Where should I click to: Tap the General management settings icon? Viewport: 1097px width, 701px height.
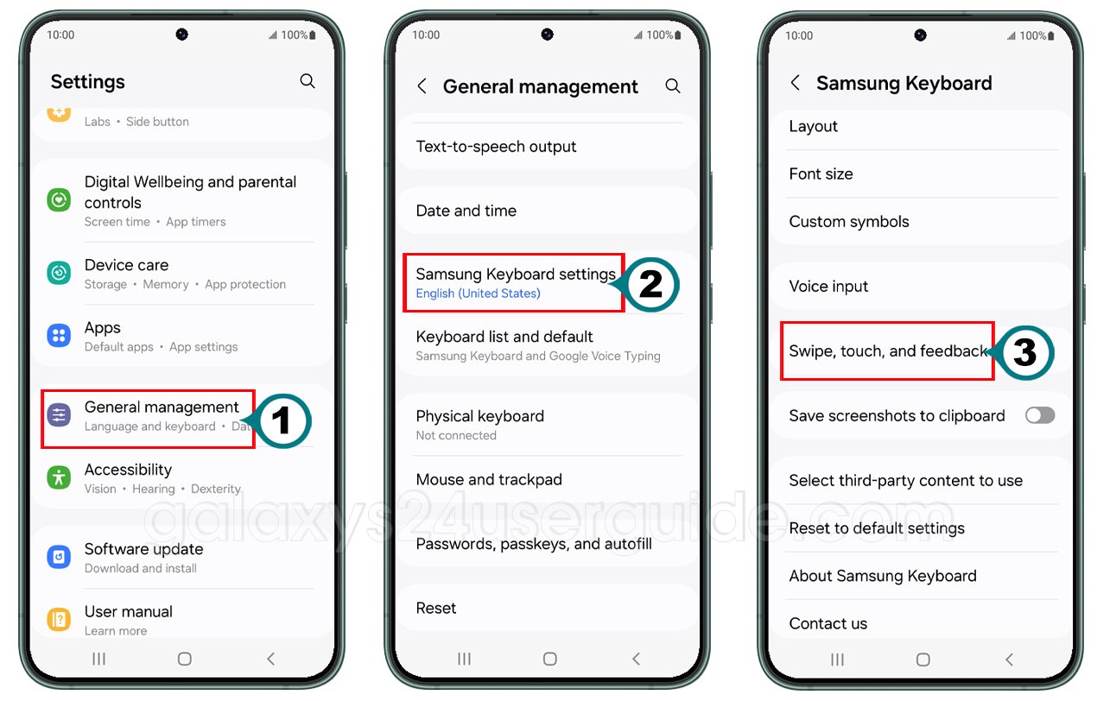[59, 415]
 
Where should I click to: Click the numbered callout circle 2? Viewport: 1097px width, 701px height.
[650, 285]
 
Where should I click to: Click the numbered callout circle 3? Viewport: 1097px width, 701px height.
[1024, 351]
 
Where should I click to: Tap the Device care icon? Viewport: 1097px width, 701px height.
[59, 273]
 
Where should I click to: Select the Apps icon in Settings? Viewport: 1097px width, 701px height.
[59, 336]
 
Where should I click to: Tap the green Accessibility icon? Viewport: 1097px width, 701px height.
[59, 477]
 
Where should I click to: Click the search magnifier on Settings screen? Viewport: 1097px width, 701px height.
[308, 81]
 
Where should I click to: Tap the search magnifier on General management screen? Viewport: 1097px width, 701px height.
[673, 86]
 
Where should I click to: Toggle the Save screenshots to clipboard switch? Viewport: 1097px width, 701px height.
[1039, 415]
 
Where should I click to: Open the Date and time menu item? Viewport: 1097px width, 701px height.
[466, 211]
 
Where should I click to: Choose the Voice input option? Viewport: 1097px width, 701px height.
[828, 287]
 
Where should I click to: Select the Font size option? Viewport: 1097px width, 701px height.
[821, 174]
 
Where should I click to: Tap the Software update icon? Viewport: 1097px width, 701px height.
[59, 557]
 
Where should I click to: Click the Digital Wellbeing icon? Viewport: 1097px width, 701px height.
[59, 200]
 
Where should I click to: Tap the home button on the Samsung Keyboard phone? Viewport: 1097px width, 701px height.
[923, 660]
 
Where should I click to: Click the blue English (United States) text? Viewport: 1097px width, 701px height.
[478, 294]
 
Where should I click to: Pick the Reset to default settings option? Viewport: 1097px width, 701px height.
[876, 528]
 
